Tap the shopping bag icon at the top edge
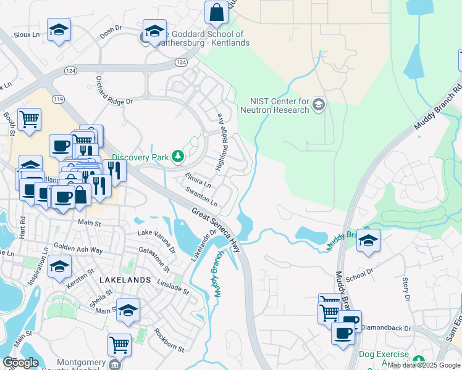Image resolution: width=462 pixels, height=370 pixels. click(x=217, y=12)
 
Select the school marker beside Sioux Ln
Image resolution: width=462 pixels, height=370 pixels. click(x=59, y=30)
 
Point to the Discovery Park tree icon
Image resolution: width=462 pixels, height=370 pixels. click(x=178, y=157)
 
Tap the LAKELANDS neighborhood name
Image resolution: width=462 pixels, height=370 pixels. click(x=125, y=279)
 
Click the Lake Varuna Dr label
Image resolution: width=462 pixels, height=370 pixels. click(x=156, y=241)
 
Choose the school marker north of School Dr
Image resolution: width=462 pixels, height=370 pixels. click(x=368, y=241)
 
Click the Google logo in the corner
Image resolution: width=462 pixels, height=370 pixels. click(x=20, y=363)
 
